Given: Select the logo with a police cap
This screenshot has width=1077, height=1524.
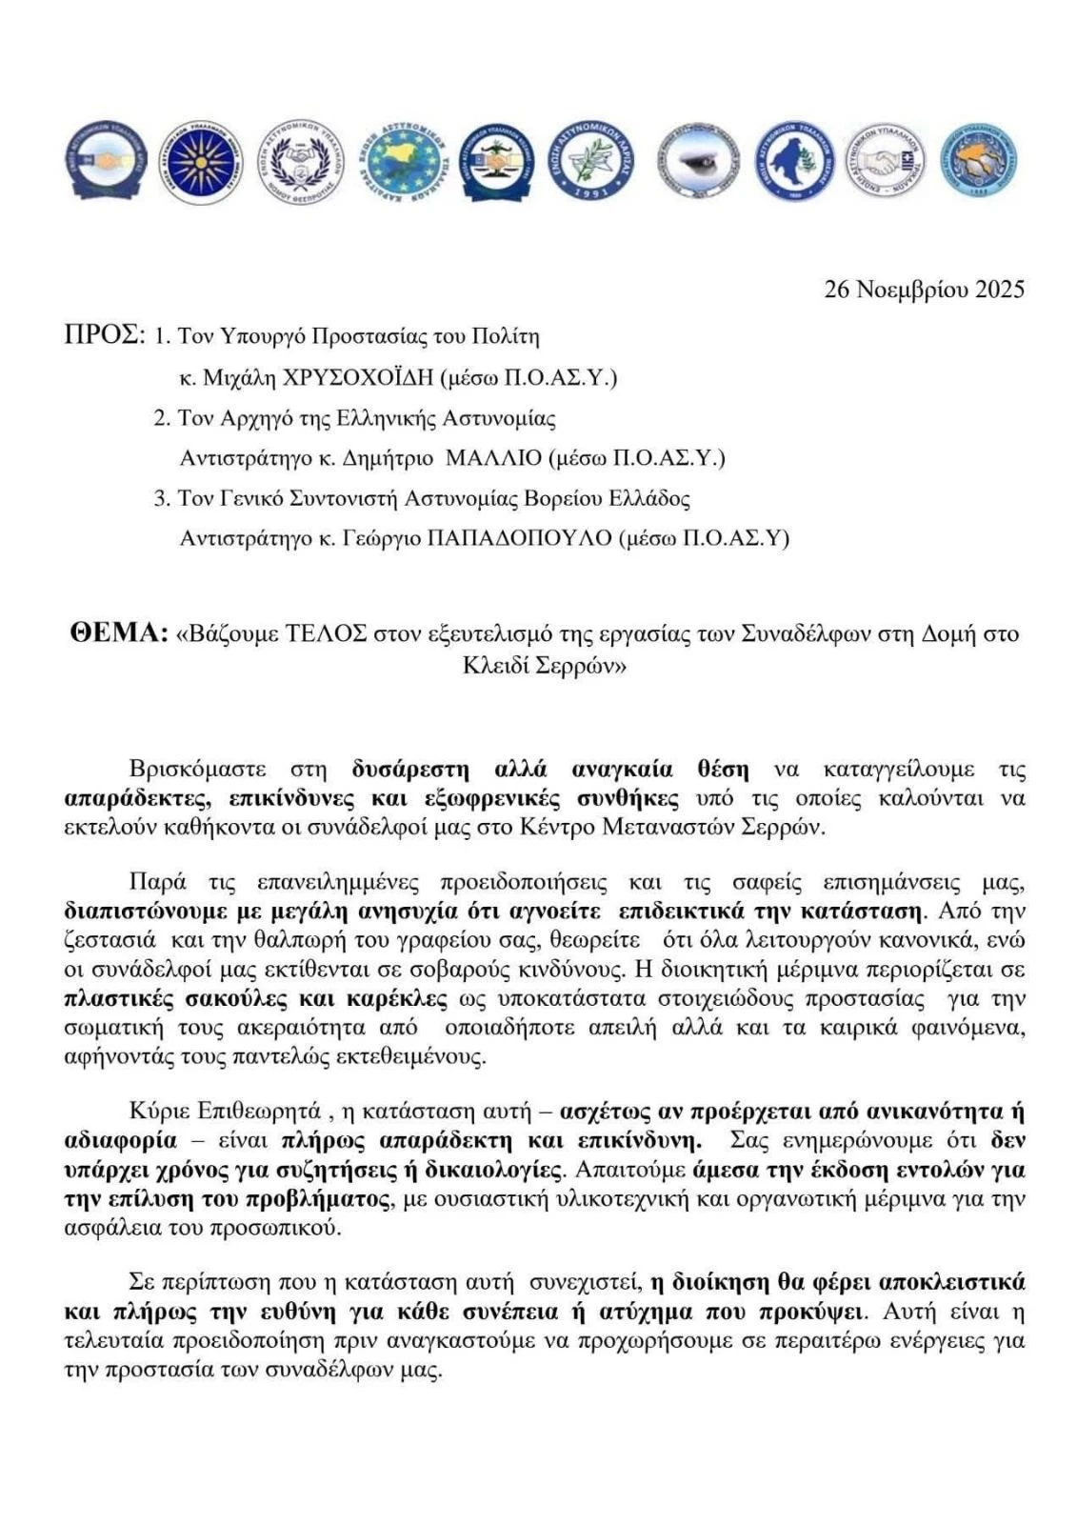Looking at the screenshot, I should click(x=695, y=160).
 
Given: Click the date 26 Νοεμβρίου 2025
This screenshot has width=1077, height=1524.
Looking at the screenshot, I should click(x=924, y=290).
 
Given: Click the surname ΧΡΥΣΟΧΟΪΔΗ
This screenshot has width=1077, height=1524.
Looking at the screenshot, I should click(x=359, y=377).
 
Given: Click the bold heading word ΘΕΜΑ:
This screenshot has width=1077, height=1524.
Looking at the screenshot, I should click(x=119, y=633).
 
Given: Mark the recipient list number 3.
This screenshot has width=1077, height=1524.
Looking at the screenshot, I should click(x=161, y=498).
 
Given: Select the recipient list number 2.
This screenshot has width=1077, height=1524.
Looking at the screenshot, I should click(x=161, y=418).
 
